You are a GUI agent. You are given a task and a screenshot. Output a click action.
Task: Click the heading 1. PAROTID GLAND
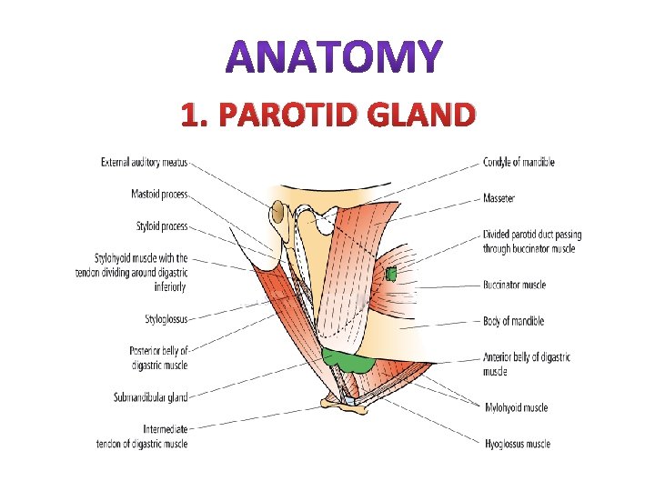pyautogui.click(x=327, y=115)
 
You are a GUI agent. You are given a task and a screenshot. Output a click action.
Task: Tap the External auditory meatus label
pyautogui.click(x=144, y=163)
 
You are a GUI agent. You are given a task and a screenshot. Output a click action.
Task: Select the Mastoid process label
pyautogui.click(x=158, y=195)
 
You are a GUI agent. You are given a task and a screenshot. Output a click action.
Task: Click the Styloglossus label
pyautogui.click(x=166, y=319)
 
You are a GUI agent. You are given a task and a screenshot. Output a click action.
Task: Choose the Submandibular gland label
pyautogui.click(x=150, y=397)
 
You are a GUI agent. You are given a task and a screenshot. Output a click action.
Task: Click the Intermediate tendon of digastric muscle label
pyautogui.click(x=142, y=436)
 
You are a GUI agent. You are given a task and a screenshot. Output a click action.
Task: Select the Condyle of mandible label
pyautogui.click(x=519, y=163)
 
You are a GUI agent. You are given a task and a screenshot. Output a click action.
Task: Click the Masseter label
pyautogui.click(x=499, y=198)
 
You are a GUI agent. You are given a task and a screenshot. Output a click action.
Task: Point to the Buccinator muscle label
pyautogui.click(x=515, y=285)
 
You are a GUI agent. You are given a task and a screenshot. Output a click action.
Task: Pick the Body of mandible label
pyautogui.click(x=513, y=321)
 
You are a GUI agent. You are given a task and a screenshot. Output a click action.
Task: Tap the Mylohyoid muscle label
pyautogui.click(x=516, y=408)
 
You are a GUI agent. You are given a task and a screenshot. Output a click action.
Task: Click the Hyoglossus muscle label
pyautogui.click(x=517, y=444)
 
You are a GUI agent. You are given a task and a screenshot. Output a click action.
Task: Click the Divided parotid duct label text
pyautogui.click(x=532, y=241)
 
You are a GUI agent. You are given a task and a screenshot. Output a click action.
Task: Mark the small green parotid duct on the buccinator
pyautogui.click(x=392, y=274)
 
